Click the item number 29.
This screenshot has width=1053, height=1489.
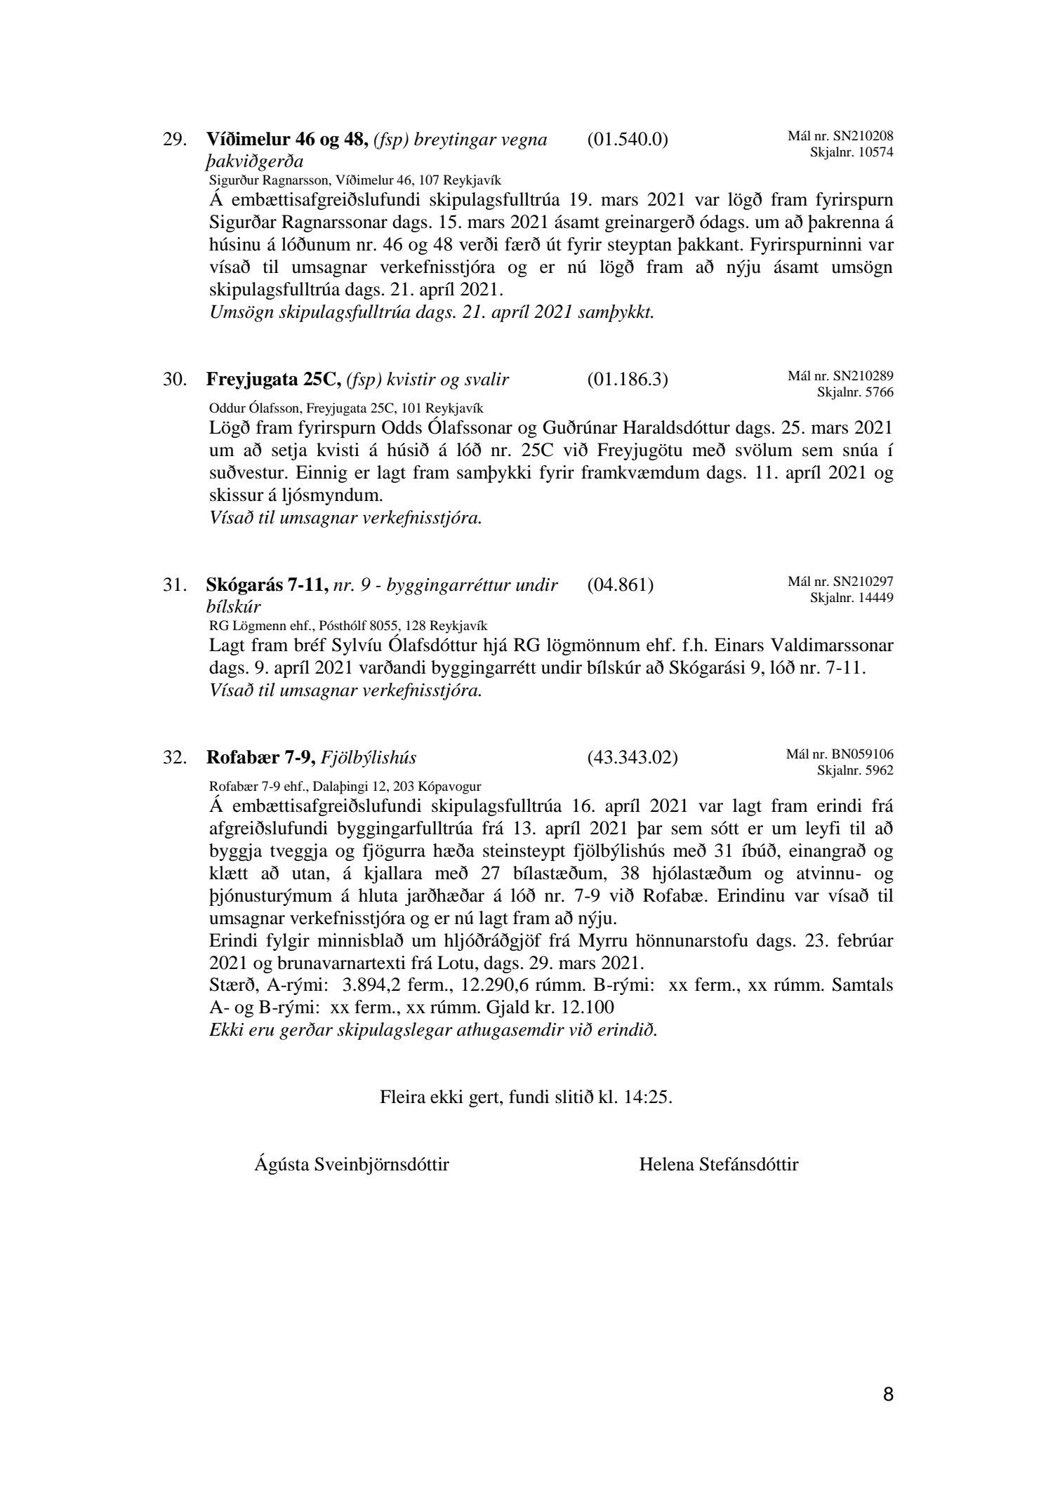pyautogui.click(x=175, y=140)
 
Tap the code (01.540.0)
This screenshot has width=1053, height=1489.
pyautogui.click(x=627, y=140)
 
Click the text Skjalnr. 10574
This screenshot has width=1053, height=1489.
pyautogui.click(x=852, y=152)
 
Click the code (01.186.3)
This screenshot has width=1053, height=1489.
pyautogui.click(x=627, y=380)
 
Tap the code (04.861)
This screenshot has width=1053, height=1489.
pyautogui.click(x=620, y=585)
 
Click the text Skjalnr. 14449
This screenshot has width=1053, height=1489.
pyautogui.click(x=852, y=598)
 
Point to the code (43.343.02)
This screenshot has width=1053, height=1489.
pyautogui.click(x=632, y=758)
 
